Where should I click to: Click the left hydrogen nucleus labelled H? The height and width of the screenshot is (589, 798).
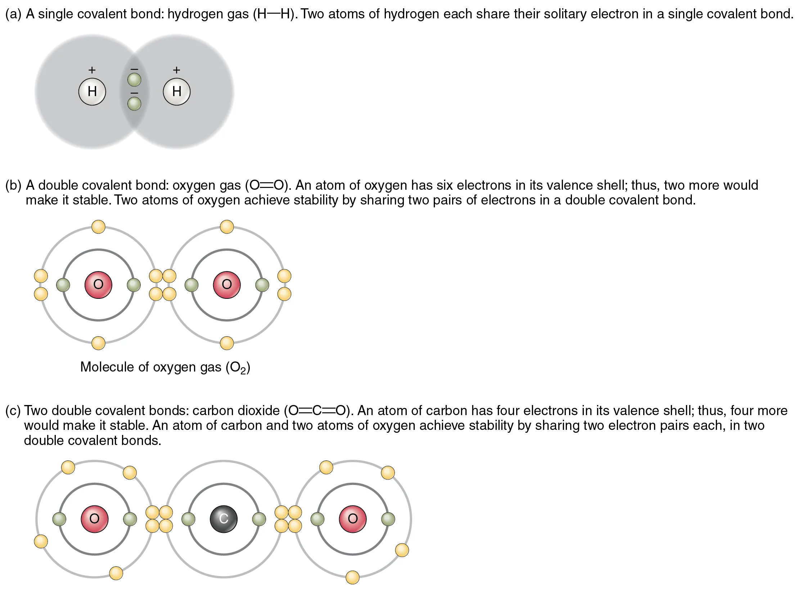pyautogui.click(x=92, y=91)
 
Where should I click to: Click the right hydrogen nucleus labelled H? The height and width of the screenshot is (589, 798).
pyautogui.click(x=176, y=91)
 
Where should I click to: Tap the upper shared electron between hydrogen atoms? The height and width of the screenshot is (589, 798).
pyautogui.click(x=134, y=80)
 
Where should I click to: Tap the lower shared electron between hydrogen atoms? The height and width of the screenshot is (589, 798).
pyautogui.click(x=134, y=104)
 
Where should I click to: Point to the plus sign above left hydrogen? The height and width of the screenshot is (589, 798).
pyautogui.click(x=92, y=70)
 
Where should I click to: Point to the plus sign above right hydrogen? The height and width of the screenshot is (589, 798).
pyautogui.click(x=176, y=70)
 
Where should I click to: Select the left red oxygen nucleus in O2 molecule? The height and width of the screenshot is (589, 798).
pyautogui.click(x=98, y=284)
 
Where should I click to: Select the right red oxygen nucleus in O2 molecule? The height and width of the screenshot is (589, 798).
pyautogui.click(x=227, y=284)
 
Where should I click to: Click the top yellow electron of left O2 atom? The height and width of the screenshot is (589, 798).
pyautogui.click(x=98, y=227)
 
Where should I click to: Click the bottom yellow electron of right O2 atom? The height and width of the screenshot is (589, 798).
pyautogui.click(x=227, y=343)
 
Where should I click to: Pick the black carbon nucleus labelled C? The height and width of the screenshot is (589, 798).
pyautogui.click(x=224, y=519)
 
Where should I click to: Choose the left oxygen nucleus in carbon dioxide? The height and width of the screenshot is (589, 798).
pyautogui.click(x=95, y=519)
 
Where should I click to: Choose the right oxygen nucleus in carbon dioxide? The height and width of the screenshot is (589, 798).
pyautogui.click(x=353, y=519)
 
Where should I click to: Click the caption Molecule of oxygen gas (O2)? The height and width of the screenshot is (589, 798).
pyautogui.click(x=165, y=367)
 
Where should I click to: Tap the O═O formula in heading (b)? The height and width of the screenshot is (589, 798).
pyautogui.click(x=267, y=185)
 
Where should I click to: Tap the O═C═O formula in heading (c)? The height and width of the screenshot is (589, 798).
pyautogui.click(x=317, y=411)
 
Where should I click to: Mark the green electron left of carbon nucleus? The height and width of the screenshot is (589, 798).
pyautogui.click(x=188, y=519)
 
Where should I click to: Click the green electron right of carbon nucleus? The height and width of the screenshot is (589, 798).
pyautogui.click(x=259, y=519)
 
